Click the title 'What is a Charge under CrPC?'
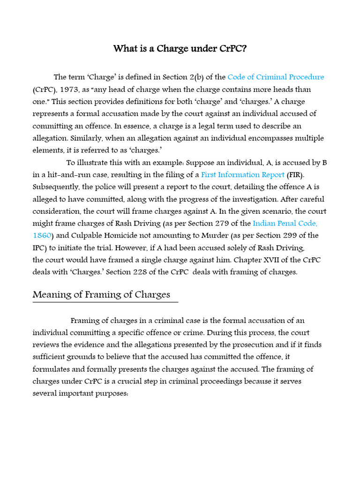click(180, 49)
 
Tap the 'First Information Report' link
click(243, 174)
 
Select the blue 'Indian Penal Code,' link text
click(288, 223)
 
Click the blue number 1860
click(41, 235)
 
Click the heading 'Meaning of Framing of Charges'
click(101, 295)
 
